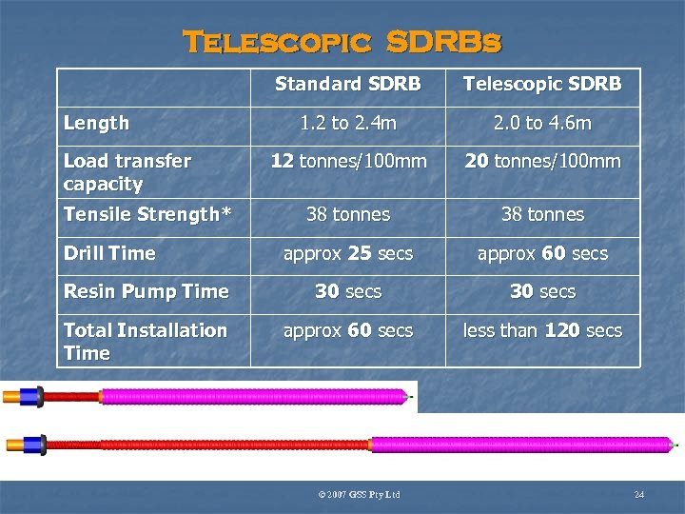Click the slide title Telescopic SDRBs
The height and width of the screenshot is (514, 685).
click(x=342, y=43)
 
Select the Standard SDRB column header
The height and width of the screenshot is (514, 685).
click(x=347, y=85)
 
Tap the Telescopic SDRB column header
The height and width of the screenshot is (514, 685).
click(x=542, y=85)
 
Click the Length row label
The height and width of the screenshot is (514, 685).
click(x=96, y=123)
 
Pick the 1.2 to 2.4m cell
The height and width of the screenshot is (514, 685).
click(x=348, y=123)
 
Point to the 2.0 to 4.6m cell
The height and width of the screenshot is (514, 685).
click(x=542, y=123)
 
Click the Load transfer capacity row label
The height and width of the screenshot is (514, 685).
click(x=127, y=172)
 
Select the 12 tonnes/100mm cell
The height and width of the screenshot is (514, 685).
click(x=348, y=162)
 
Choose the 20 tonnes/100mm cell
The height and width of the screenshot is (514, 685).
click(x=542, y=162)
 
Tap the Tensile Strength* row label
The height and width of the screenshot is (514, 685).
click(x=147, y=215)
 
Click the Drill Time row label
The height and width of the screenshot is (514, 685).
click(x=109, y=253)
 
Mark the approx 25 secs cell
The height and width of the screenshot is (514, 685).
click(x=348, y=254)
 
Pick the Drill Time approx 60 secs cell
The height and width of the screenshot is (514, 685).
click(x=542, y=254)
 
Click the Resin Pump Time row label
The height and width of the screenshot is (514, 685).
click(x=146, y=292)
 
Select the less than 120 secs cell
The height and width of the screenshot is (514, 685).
click(x=542, y=331)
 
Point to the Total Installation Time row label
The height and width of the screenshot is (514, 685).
click(x=145, y=341)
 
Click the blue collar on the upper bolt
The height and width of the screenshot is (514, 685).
click(x=36, y=395)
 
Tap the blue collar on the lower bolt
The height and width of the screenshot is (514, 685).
click(x=35, y=444)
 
